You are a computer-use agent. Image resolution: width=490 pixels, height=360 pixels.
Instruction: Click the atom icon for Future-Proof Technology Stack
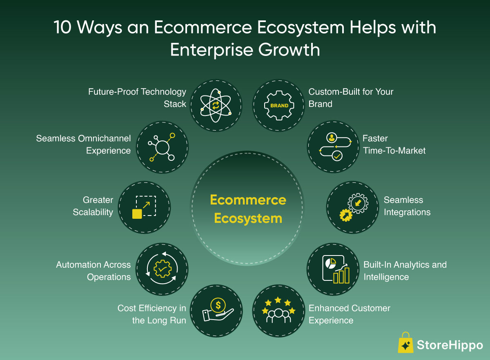pos(216,105)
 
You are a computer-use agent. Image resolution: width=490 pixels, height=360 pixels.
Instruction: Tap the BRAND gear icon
pos(279,105)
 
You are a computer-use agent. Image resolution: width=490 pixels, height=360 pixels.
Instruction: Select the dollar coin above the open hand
pos(218,305)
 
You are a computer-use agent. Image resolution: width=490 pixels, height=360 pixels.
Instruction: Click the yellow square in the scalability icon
pos(137,214)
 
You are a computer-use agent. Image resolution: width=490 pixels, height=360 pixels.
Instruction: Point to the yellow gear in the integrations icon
pos(346,216)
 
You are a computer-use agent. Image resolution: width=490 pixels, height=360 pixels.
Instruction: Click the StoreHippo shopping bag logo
pos(405,342)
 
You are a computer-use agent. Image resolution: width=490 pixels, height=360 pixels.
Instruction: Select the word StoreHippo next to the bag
pos(450,345)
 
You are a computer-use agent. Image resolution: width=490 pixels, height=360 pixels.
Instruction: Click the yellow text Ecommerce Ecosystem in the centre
pos(248,209)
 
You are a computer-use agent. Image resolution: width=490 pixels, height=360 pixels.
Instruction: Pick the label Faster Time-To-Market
pos(394,144)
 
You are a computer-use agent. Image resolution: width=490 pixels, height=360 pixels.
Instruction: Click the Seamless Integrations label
pos(407,206)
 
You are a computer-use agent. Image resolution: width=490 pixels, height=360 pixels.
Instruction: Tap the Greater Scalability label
pos(93,206)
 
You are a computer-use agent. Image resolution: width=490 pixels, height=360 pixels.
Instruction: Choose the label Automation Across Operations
pos(94,271)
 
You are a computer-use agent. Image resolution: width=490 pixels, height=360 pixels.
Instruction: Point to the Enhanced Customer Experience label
pos(350,314)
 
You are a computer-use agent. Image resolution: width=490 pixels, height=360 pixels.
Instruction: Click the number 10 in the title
pos(63,27)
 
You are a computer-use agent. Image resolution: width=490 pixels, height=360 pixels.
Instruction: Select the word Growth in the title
pos(289,50)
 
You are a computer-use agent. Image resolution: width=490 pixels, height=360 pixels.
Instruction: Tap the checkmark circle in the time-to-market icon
pos(337,156)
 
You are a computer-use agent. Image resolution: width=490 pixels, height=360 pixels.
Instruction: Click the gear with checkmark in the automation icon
pos(163,269)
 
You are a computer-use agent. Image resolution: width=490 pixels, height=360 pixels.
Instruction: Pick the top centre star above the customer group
pos(278,300)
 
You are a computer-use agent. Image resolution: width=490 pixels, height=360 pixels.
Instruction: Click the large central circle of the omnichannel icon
pos(163,148)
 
